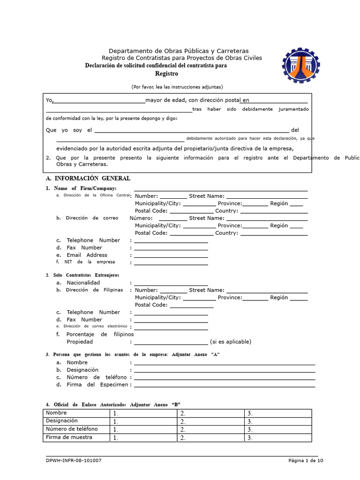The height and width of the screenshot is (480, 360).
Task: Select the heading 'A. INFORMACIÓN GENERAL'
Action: pos(88,179)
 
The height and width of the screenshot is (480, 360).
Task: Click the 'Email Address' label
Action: pos(87,255)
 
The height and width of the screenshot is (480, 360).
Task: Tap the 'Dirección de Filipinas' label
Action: pos(94,290)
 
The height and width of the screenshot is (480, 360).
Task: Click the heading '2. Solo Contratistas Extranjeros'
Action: pos(82,275)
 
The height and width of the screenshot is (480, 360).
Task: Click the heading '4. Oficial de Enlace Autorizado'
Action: pos(112,405)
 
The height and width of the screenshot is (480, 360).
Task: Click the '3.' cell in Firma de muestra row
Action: pos(277,438)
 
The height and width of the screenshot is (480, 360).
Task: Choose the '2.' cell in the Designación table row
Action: pos(210,421)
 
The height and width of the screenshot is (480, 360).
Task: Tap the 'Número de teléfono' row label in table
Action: pos(72,429)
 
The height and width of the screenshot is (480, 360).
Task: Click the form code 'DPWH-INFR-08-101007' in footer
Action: pos(74,461)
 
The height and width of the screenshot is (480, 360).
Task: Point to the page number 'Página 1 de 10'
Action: pos(305,461)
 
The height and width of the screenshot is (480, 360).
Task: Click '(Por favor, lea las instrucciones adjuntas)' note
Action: pos(177,87)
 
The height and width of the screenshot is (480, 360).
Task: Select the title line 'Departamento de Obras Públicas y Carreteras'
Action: pos(179,51)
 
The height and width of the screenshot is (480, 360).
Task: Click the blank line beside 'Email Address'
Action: pos(171,256)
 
